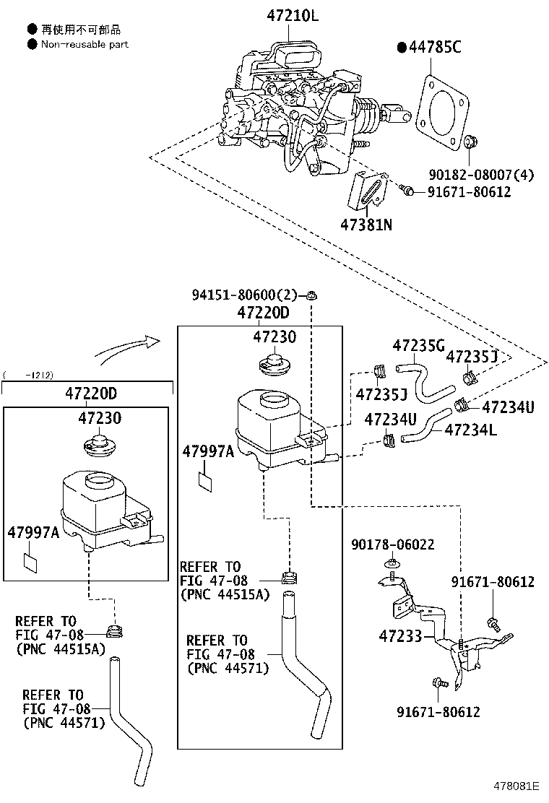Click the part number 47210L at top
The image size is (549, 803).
pyautogui.click(x=292, y=15)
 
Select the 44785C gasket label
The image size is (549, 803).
pyautogui.click(x=435, y=48)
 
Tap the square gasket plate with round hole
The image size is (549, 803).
pyautogui.click(x=442, y=113)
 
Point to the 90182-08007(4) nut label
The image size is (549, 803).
pyautogui.click(x=481, y=175)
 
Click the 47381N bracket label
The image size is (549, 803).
pyautogui.click(x=366, y=225)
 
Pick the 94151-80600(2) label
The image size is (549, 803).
pyautogui.click(x=244, y=295)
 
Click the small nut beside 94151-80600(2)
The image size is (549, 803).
pyautogui.click(x=311, y=295)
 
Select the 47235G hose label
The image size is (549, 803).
pyautogui.click(x=418, y=346)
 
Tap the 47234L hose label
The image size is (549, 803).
pyautogui.click(x=471, y=430)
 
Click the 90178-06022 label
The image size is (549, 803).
pyautogui.click(x=393, y=544)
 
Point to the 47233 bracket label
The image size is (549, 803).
pyautogui.click(x=400, y=636)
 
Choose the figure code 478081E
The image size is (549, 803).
pyautogui.click(x=516, y=786)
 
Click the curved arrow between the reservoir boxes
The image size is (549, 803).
pyautogui.click(x=127, y=347)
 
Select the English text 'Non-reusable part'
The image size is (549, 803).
pyautogui.click(x=85, y=45)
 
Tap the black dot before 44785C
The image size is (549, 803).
pyautogui.click(x=402, y=48)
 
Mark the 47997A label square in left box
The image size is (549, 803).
pyautogui.click(x=31, y=563)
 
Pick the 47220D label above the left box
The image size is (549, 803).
pyautogui.click(x=91, y=394)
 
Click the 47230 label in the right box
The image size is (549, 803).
pyautogui.click(x=274, y=337)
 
